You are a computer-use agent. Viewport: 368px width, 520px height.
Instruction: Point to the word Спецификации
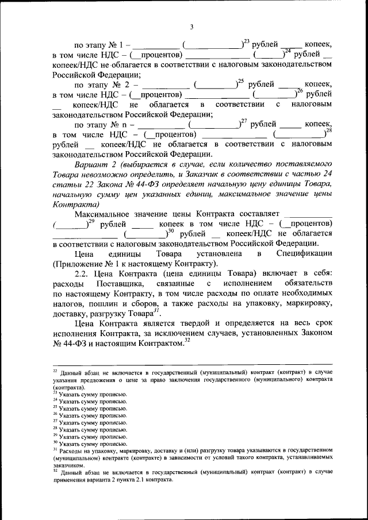coord(304,253)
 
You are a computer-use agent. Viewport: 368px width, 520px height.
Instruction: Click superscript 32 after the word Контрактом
coord(187,340)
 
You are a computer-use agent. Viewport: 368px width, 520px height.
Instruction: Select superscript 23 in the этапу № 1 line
coord(246,41)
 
